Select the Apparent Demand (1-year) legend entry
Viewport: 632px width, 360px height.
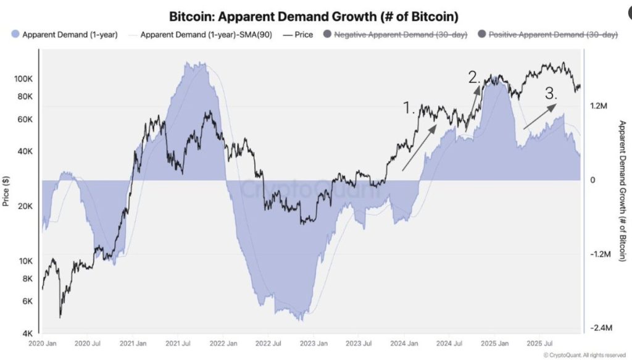(64, 35)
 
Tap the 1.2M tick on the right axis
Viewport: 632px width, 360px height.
(599, 106)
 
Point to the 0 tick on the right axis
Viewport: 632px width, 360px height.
(593, 180)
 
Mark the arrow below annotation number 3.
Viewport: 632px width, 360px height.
(540, 116)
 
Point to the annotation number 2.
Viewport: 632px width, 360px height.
(475, 78)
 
